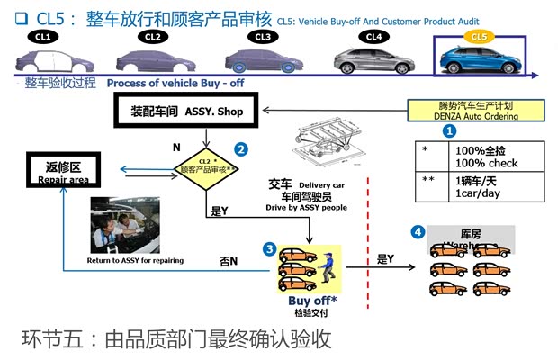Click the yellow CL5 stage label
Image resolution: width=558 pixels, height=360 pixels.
(479, 37)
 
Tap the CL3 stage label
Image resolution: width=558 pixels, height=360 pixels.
(264, 37)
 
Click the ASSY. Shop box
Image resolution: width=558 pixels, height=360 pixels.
(191, 111)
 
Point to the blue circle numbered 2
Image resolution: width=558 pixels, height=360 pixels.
(240, 148)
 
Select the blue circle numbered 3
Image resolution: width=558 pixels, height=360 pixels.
(268, 247)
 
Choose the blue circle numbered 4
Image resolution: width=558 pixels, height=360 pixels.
(418, 232)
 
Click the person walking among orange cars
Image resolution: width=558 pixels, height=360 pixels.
(327, 267)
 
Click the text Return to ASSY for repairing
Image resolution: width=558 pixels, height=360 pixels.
(135, 261)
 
